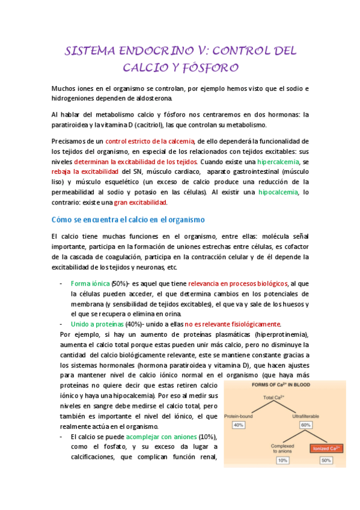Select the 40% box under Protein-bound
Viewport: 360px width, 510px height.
pyautogui.click(x=239, y=425)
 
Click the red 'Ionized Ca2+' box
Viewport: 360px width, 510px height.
pyautogui.click(x=326, y=448)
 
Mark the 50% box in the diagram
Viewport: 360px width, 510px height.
pyautogui.click(x=326, y=460)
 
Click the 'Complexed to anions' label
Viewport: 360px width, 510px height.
pyautogui.click(x=281, y=447)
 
